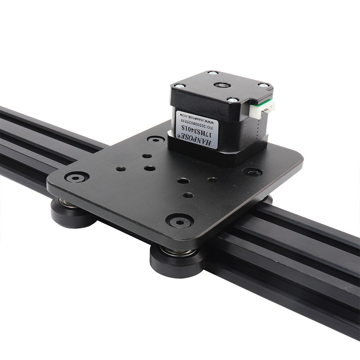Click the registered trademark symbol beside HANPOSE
177,135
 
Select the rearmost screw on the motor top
213,73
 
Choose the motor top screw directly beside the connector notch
262,86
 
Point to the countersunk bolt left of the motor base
156,139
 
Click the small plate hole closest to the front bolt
188,195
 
